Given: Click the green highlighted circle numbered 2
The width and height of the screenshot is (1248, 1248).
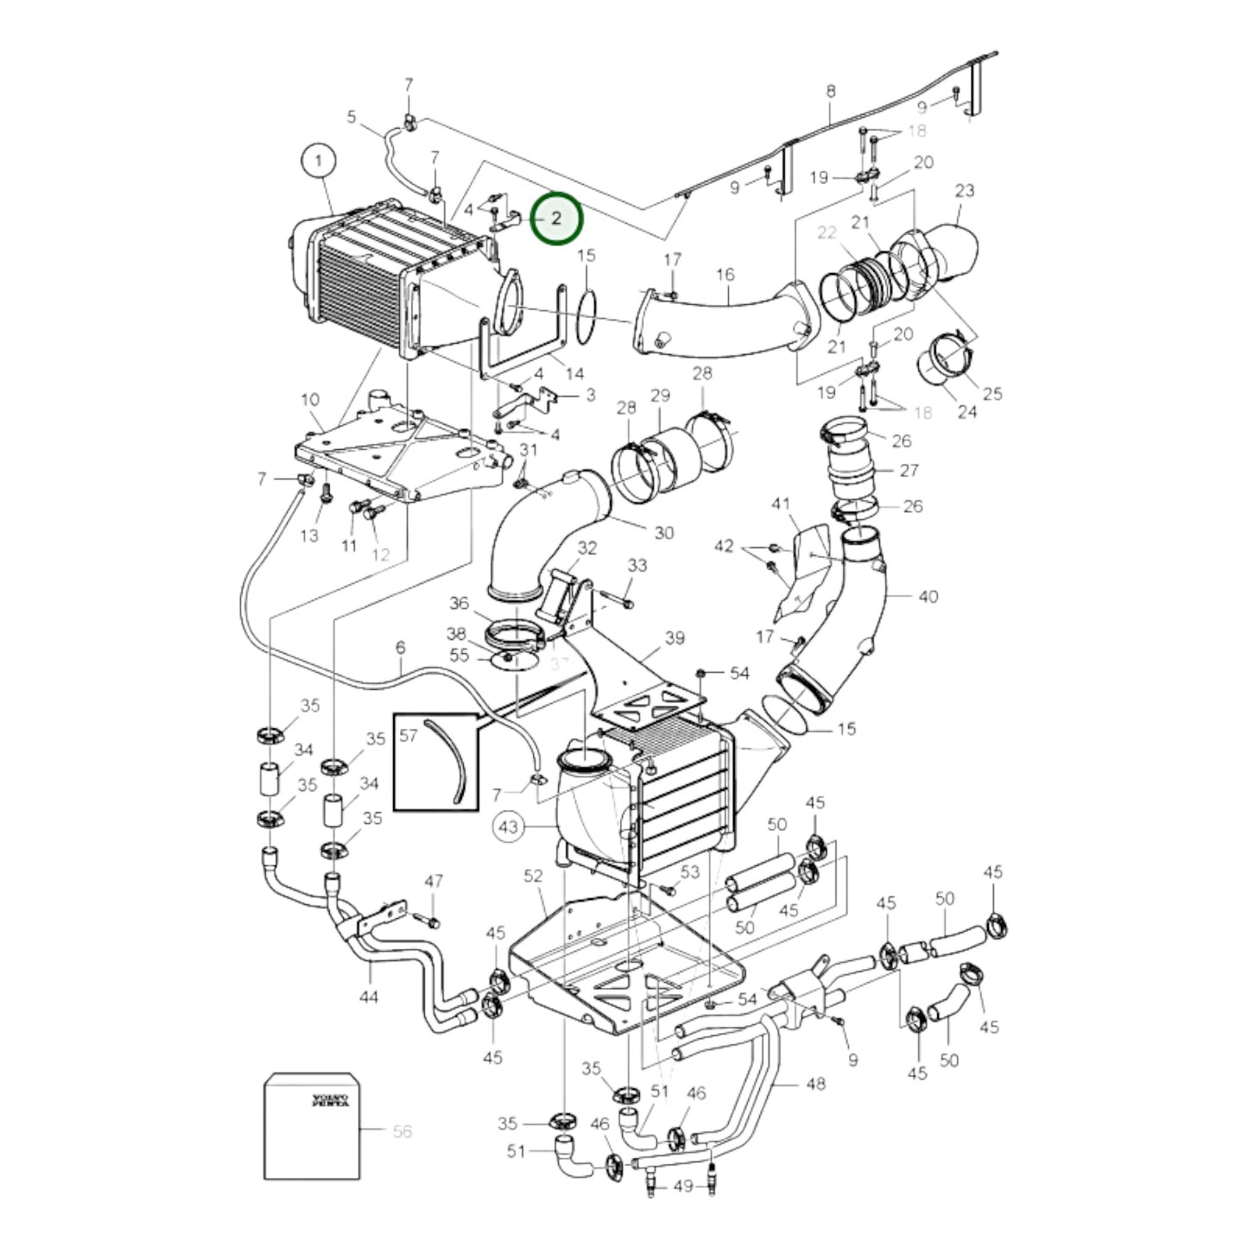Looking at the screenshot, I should [557, 219].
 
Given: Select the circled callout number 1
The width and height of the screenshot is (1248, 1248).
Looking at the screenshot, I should [319, 161].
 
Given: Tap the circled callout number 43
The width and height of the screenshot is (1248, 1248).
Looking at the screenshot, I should [509, 827].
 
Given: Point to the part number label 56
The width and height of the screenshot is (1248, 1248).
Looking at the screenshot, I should [402, 1131].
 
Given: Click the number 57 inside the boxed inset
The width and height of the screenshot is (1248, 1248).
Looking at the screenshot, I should [409, 735].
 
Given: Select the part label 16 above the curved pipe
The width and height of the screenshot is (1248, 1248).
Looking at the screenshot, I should [725, 275].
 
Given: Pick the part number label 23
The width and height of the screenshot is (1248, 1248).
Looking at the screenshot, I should [965, 190].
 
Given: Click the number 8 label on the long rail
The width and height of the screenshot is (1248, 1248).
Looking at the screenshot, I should [831, 91].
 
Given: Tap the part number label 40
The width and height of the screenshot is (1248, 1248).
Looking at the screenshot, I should [928, 596].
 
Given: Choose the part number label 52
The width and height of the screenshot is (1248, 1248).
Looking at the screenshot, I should [533, 876].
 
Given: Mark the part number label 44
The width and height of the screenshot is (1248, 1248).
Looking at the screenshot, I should [369, 998].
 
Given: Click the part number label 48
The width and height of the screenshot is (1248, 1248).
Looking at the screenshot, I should [814, 1083].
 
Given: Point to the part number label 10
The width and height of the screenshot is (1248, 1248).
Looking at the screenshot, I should [310, 400].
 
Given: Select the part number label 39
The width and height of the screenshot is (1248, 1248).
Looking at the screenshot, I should [675, 637].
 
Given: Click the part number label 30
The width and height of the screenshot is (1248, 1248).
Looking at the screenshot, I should [663, 533].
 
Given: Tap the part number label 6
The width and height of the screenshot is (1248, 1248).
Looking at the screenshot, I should [400, 647].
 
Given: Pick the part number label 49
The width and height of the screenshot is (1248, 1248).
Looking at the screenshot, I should [682, 1186].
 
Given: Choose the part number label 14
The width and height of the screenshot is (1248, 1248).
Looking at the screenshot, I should [574, 373].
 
